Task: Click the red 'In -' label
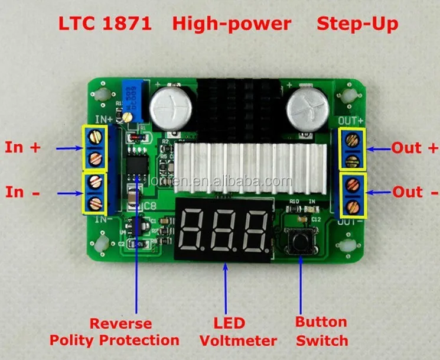(x=22, y=192)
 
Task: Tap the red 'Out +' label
(x=416, y=148)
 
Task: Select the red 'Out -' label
(x=416, y=192)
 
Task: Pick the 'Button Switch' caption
(x=321, y=331)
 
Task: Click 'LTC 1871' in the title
(x=105, y=24)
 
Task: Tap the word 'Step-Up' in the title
(x=357, y=24)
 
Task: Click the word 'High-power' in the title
(x=232, y=24)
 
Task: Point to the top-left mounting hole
(x=102, y=95)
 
